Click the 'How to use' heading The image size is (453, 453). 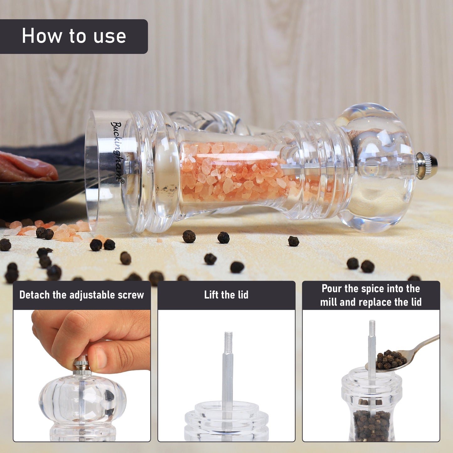(x=74, y=36)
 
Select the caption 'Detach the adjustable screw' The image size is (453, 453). (x=82, y=295)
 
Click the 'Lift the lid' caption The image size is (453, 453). (x=226, y=295)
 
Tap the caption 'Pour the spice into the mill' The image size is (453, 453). (x=371, y=295)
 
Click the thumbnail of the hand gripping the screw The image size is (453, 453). (x=82, y=376)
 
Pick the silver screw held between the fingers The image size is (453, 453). (x=82, y=366)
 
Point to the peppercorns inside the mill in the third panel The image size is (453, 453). (x=371, y=425)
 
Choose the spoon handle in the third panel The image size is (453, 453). (x=426, y=343)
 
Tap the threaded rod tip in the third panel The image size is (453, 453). (x=372, y=328)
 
